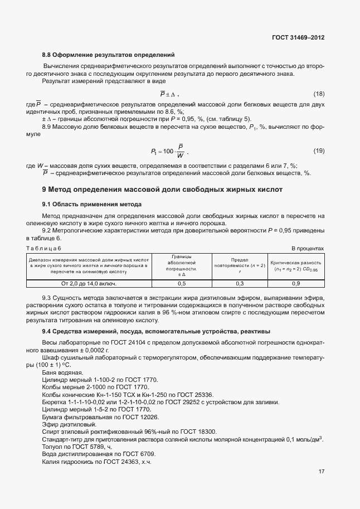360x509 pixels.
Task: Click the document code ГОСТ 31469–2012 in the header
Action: point(298,38)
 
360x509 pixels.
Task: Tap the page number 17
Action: point(322,471)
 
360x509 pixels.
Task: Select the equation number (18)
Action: point(319,93)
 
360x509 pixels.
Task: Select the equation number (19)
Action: point(319,151)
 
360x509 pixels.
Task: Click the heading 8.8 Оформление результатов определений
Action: point(109,55)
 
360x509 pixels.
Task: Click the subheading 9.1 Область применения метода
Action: point(92,204)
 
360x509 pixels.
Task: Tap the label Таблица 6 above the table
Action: point(44,248)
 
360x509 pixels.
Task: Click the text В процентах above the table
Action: point(308,248)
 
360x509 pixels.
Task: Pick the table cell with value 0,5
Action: point(181,283)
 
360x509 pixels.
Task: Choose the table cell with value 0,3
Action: point(240,283)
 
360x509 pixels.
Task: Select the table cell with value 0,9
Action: point(295,283)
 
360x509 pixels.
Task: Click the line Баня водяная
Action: point(62,372)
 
